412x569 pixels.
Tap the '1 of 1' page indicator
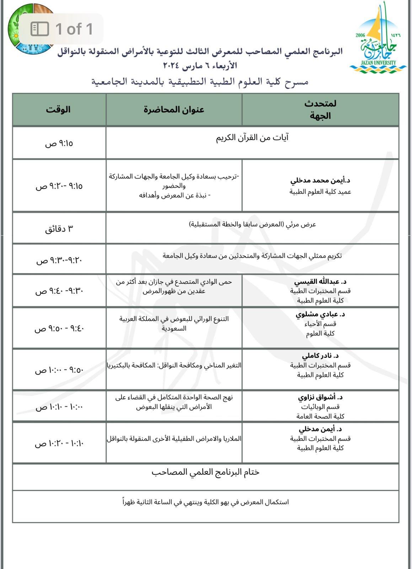click(x=62, y=29)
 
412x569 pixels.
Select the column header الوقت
click(x=58, y=109)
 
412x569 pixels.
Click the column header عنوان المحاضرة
click(x=174, y=109)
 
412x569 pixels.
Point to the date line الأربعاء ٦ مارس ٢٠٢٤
click(x=200, y=66)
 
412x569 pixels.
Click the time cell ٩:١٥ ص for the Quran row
click(x=59, y=143)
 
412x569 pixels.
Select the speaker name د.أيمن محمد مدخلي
click(x=320, y=180)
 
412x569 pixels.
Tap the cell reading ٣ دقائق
click(x=59, y=229)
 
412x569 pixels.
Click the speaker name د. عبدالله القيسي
click(x=320, y=282)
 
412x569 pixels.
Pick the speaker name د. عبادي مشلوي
click(x=320, y=314)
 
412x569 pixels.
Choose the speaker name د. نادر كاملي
click(x=320, y=356)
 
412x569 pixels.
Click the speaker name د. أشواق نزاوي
click(x=320, y=397)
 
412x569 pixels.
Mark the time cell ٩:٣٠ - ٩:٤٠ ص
click(x=59, y=291)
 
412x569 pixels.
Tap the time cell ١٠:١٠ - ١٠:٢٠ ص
click(x=59, y=443)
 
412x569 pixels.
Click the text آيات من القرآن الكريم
click(x=252, y=137)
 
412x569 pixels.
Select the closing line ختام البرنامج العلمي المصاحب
click(x=205, y=472)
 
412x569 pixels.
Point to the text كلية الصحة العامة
click(x=320, y=416)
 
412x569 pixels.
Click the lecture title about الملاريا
click(x=174, y=439)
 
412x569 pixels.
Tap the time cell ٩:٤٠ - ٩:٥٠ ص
click(x=59, y=328)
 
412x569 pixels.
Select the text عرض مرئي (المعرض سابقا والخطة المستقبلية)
click(x=252, y=224)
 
